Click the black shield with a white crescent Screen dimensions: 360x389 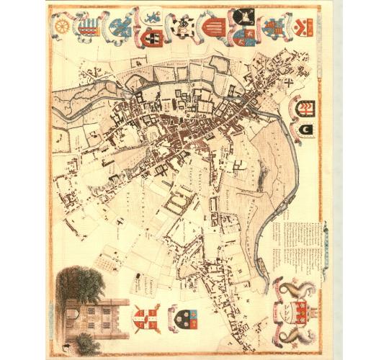tap(305, 129)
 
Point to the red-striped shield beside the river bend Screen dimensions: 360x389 tap(305, 107)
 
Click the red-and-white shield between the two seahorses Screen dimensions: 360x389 tap(297, 310)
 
